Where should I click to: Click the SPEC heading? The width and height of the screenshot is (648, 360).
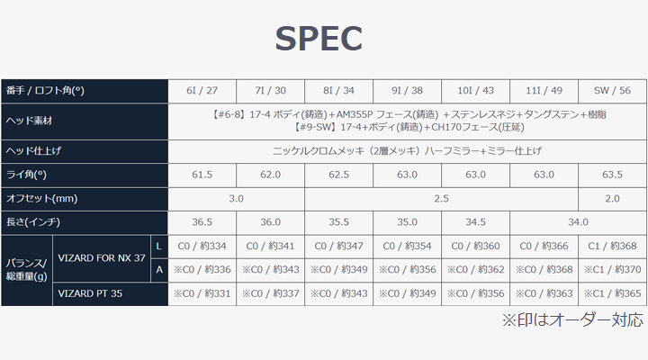319,39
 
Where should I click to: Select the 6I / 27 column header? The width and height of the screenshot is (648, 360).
202,91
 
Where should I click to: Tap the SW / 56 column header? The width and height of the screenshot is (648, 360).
612,91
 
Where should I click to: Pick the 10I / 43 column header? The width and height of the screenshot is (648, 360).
475,91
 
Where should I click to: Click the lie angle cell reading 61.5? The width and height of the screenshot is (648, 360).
202,175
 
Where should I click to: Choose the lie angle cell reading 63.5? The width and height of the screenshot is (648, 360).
612,175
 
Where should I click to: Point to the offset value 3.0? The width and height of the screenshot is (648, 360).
236,198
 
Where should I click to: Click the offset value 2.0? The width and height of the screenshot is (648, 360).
612,198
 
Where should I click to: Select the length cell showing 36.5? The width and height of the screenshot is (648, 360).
202,222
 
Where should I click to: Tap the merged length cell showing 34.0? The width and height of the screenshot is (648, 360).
578,222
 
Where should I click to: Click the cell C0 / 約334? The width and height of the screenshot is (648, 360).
202,246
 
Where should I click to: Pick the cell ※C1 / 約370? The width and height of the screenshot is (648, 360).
612,269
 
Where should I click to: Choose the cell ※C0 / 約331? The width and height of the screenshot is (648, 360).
202,293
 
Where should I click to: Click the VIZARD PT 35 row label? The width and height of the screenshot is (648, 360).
90,293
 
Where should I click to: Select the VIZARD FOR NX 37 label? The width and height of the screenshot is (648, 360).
102,258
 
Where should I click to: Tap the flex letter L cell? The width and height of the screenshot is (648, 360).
158,247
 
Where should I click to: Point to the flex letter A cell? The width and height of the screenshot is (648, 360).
159,270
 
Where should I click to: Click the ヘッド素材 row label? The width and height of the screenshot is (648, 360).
29,121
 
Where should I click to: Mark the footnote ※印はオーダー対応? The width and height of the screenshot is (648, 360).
572,319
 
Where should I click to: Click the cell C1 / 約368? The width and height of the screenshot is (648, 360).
612,246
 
